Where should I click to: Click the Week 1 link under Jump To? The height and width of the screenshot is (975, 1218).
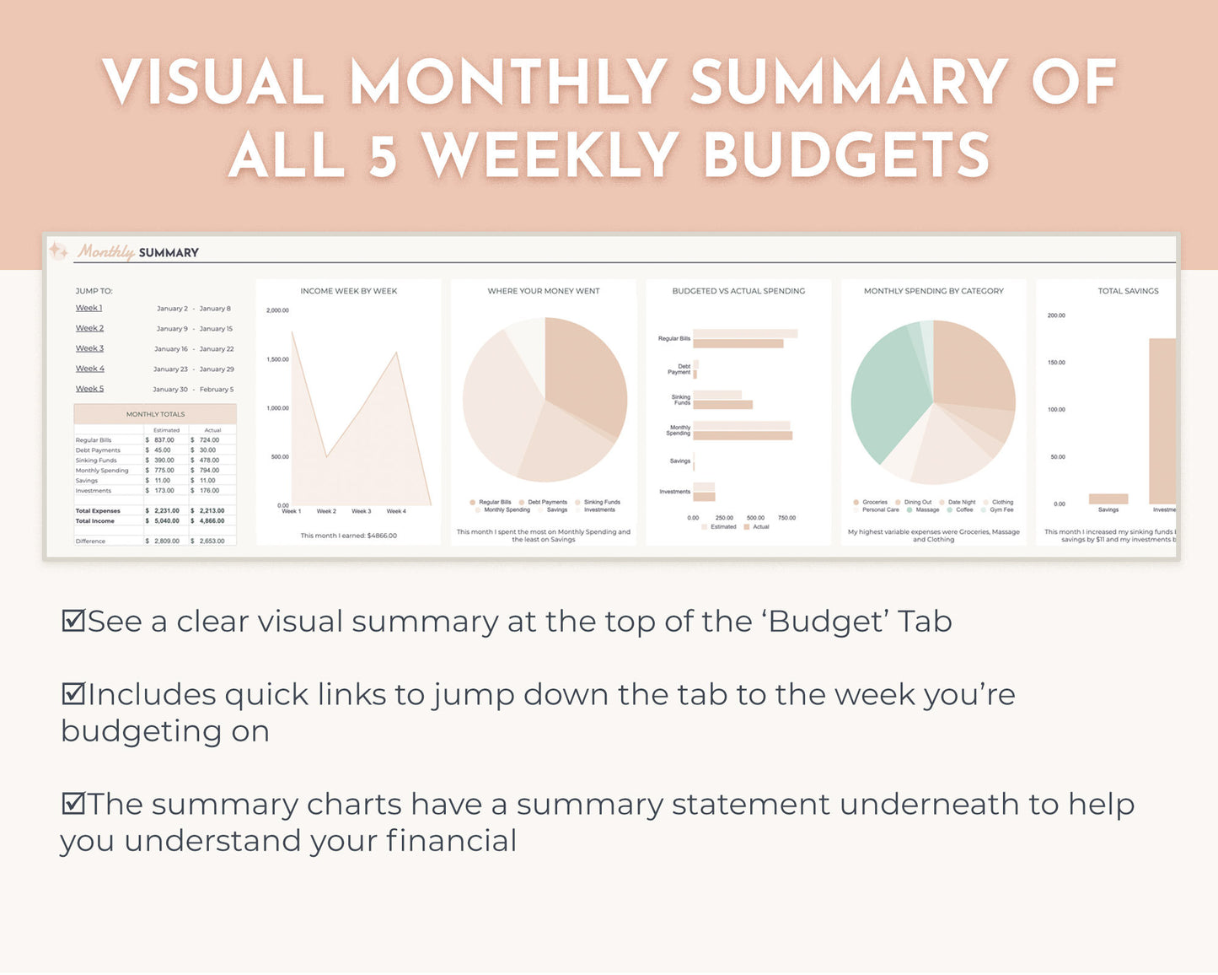pos(89,308)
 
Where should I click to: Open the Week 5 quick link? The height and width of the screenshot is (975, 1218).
pos(89,389)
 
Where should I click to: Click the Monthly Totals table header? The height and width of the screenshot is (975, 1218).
pos(155,414)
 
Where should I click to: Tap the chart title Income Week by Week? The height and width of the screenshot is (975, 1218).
pos(349,291)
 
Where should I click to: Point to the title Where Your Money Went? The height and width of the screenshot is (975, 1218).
pos(544,291)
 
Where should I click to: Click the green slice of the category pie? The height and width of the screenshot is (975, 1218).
pos(881,396)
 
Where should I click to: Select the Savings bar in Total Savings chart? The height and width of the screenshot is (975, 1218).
pos(1108,498)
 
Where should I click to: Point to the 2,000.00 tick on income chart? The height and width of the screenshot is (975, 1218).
pos(277,310)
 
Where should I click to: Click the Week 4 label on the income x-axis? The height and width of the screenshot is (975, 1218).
pos(396,511)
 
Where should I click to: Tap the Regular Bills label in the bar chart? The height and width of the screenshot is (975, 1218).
pos(674,338)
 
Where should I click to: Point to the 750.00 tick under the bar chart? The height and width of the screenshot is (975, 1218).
pos(786,518)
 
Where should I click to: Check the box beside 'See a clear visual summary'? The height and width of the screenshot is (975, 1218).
pos(73,621)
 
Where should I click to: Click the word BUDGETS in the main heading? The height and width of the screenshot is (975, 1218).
pos(846,155)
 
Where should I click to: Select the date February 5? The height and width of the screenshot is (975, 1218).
pos(217,390)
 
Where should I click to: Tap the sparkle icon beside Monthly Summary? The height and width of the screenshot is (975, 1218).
pos(58,250)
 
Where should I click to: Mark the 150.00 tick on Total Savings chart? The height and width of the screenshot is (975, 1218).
pos(1056,363)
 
